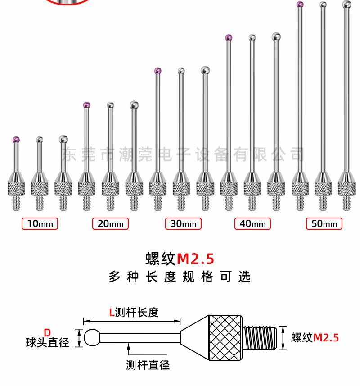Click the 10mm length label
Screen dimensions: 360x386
40,223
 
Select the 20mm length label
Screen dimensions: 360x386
110,223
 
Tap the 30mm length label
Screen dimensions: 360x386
183,223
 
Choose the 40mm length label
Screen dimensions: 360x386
252,223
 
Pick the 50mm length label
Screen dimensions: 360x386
324,223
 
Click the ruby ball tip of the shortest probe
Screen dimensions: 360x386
16,139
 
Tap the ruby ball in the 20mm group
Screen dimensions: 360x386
86,105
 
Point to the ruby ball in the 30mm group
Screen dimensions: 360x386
158,71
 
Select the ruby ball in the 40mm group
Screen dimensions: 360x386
229,37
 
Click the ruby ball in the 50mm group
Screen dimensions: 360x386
300,4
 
